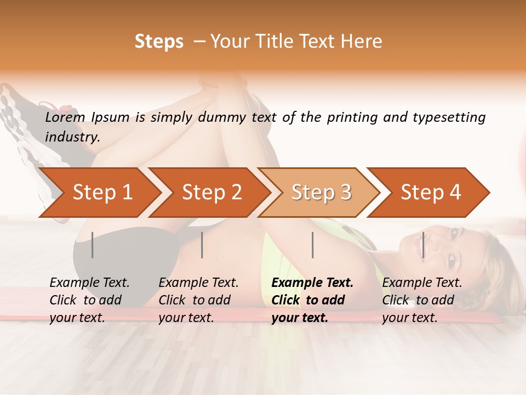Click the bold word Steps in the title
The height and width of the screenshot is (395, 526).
[x=159, y=42]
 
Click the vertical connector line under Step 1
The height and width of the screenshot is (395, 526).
[x=93, y=245]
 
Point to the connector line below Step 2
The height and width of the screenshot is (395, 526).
[x=202, y=245]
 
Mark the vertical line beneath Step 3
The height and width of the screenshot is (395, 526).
[x=313, y=245]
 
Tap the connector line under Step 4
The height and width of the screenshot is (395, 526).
[x=423, y=245]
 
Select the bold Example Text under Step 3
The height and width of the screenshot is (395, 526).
[x=312, y=300]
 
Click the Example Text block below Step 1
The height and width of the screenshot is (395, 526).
[x=89, y=300]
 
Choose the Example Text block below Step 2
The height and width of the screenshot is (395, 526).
[x=198, y=300]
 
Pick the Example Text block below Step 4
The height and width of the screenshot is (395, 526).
[x=422, y=300]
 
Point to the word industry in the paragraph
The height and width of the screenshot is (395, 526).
[x=72, y=137]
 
